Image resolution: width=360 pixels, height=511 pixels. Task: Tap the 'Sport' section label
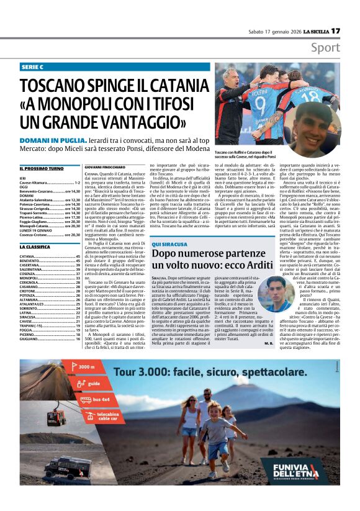(x=325, y=48)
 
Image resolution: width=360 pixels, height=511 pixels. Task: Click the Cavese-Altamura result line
(x=50, y=183)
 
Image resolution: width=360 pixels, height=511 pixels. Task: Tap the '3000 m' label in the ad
(x=85, y=367)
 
